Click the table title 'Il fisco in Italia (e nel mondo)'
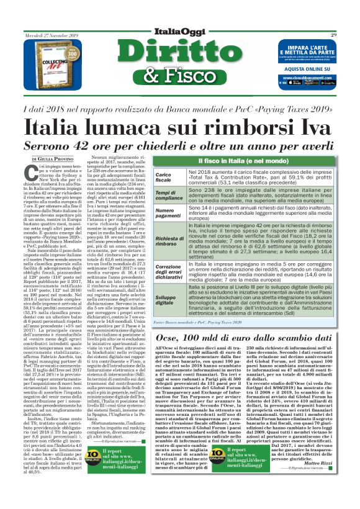[246, 161]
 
